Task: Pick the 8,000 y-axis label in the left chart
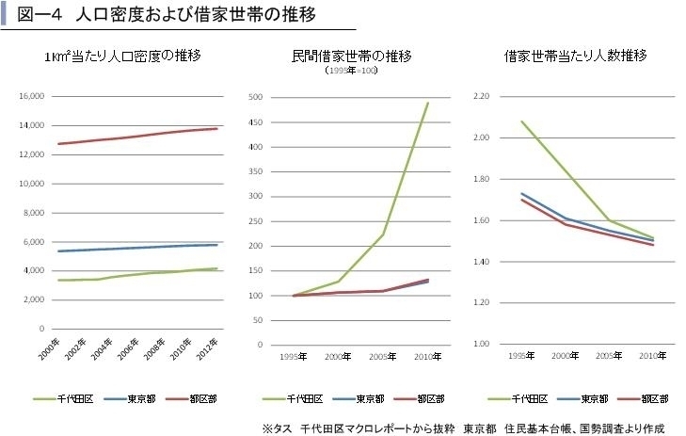click(35, 213)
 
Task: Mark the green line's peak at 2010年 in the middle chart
click(427, 103)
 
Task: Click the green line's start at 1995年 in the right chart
click(521, 121)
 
